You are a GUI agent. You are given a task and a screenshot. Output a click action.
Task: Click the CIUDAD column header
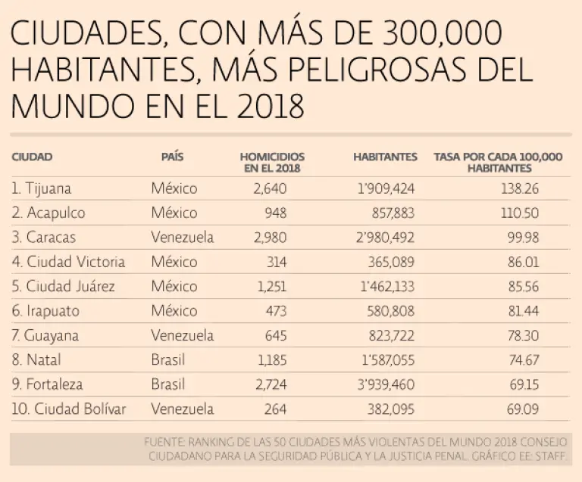click(x=32, y=157)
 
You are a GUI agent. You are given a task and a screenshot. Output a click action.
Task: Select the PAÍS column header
click(x=172, y=157)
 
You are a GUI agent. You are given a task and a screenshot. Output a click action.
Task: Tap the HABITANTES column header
click(x=385, y=157)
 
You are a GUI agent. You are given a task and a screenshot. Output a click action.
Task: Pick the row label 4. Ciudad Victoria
click(x=68, y=262)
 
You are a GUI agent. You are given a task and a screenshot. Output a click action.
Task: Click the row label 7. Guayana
click(x=45, y=335)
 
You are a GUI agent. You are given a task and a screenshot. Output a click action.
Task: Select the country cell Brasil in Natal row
click(x=167, y=360)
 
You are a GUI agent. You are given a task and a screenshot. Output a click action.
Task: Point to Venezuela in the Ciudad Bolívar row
click(x=182, y=409)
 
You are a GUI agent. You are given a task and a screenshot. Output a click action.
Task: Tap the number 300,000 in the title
click(x=429, y=36)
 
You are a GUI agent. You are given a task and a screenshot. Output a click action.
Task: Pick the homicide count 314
click(x=275, y=262)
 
